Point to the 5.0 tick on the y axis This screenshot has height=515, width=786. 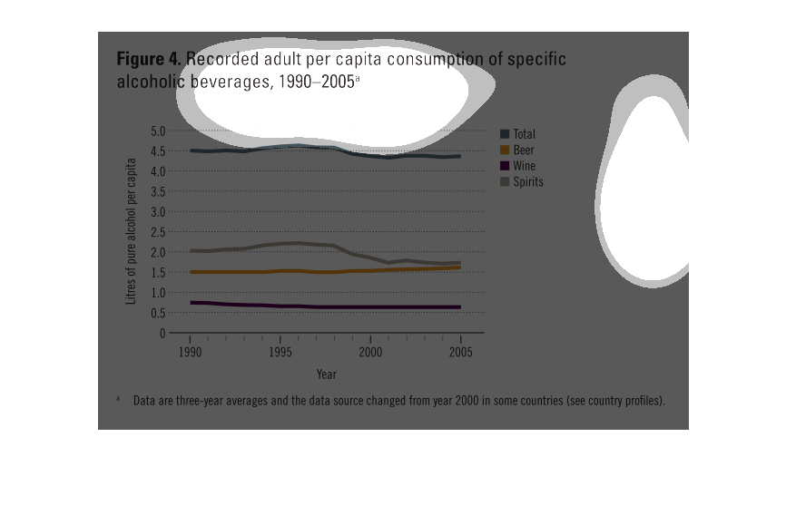[x=157, y=131]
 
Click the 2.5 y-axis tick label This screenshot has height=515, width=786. [x=157, y=232]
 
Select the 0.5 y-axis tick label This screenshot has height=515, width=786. [x=157, y=313]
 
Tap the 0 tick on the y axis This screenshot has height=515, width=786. [x=162, y=333]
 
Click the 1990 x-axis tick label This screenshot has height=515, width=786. [x=191, y=352]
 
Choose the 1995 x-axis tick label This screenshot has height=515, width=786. [x=280, y=352]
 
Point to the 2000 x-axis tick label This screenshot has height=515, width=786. [x=370, y=352]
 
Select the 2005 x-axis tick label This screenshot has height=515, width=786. [x=460, y=352]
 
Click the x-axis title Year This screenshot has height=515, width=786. [x=326, y=374]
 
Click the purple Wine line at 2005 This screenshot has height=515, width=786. [x=460, y=307]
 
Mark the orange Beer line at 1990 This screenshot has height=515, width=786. [x=192, y=272]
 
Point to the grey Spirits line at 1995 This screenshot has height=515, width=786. [x=280, y=243]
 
